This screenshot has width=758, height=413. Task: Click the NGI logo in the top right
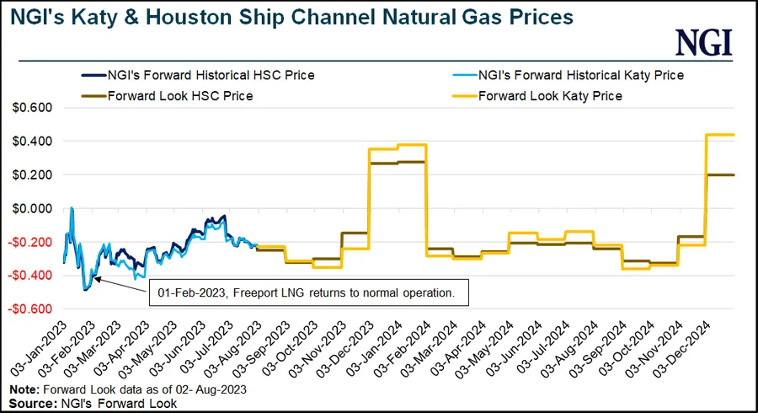pos(705,43)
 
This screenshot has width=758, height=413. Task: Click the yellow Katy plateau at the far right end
pos(720,135)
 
